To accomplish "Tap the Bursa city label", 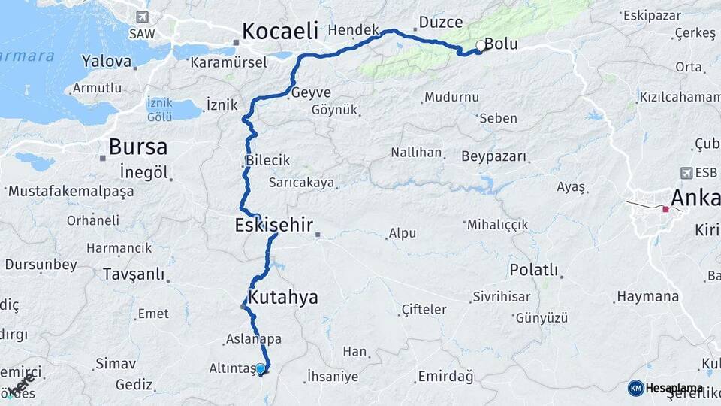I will click(x=137, y=146).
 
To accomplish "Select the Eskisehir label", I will click(x=273, y=224).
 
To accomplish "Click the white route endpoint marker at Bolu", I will click(x=481, y=46).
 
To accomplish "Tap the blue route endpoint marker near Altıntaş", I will click(x=261, y=369).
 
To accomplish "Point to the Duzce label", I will click(x=441, y=22).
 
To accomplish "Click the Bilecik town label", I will click(x=267, y=160).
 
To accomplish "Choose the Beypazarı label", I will click(x=494, y=156).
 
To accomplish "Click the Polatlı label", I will click(x=533, y=269).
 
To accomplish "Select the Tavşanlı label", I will click(x=134, y=274).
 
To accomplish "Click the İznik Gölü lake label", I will click(x=159, y=110).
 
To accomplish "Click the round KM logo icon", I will click(x=635, y=388).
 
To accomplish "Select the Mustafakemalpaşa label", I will click(x=71, y=191).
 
